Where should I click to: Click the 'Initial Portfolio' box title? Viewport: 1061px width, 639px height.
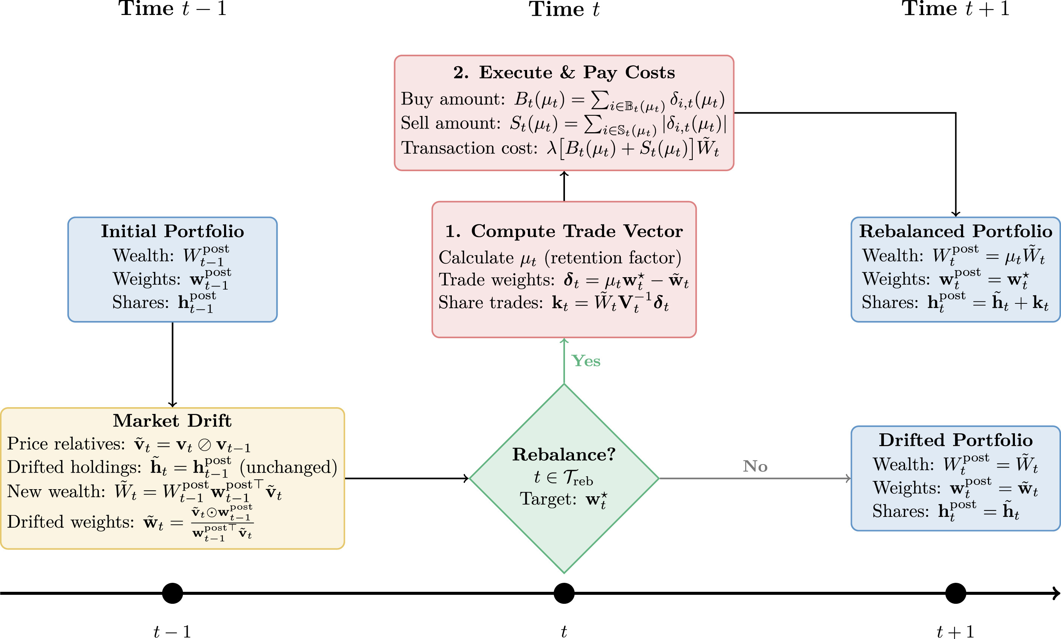(172, 231)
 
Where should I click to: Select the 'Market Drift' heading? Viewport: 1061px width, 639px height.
(172, 421)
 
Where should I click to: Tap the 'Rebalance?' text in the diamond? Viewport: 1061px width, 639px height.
(563, 455)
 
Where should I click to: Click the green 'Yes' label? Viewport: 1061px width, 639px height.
(586, 361)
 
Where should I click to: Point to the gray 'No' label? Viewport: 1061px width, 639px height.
(755, 466)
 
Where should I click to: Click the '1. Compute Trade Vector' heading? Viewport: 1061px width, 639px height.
(563, 231)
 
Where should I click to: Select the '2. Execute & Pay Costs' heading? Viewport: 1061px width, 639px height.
(563, 72)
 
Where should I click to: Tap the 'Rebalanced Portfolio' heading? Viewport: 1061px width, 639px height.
(955, 231)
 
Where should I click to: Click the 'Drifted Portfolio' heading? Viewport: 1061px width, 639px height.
(955, 440)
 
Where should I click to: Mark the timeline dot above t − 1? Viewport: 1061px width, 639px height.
(172, 593)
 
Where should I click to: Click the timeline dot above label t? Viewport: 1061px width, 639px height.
(563, 593)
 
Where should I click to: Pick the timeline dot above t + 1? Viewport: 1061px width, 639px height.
(955, 593)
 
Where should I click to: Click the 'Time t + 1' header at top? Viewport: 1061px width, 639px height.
(955, 9)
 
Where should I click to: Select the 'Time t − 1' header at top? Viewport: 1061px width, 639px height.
(172, 9)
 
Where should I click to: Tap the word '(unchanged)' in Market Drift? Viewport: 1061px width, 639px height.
(288, 467)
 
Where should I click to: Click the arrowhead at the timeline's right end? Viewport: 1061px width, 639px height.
(1056, 593)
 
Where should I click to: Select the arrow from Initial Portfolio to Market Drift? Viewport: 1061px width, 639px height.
(172, 364)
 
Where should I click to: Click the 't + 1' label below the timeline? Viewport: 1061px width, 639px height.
(955, 631)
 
